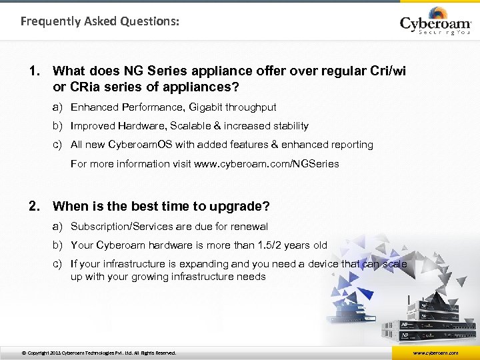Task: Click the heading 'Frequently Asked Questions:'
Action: [100, 21]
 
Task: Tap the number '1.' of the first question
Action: [36, 70]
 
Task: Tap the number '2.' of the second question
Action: [36, 206]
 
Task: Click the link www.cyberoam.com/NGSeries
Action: [266, 163]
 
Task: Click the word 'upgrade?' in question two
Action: [243, 207]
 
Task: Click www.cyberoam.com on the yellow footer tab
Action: [435, 353]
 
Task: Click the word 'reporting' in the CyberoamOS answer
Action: [351, 144]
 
